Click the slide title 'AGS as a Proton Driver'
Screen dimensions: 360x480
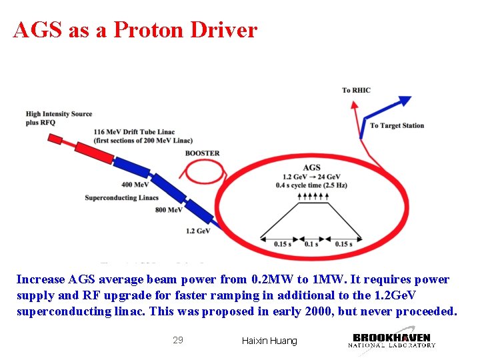[x=135, y=30]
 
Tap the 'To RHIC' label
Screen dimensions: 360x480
[x=356, y=91]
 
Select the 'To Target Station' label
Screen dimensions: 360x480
[x=397, y=125]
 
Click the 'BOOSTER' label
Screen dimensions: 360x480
[x=202, y=153]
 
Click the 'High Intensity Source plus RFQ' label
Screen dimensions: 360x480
[x=59, y=118]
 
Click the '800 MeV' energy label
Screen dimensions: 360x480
[x=169, y=210]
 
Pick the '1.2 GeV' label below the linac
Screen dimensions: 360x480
[x=198, y=231]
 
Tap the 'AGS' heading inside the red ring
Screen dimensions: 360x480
[x=311, y=167]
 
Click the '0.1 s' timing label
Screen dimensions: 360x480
[x=311, y=244]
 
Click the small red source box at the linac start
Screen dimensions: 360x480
[x=55, y=139]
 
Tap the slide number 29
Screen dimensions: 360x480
[x=178, y=340]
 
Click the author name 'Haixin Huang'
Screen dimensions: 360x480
[x=269, y=341]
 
